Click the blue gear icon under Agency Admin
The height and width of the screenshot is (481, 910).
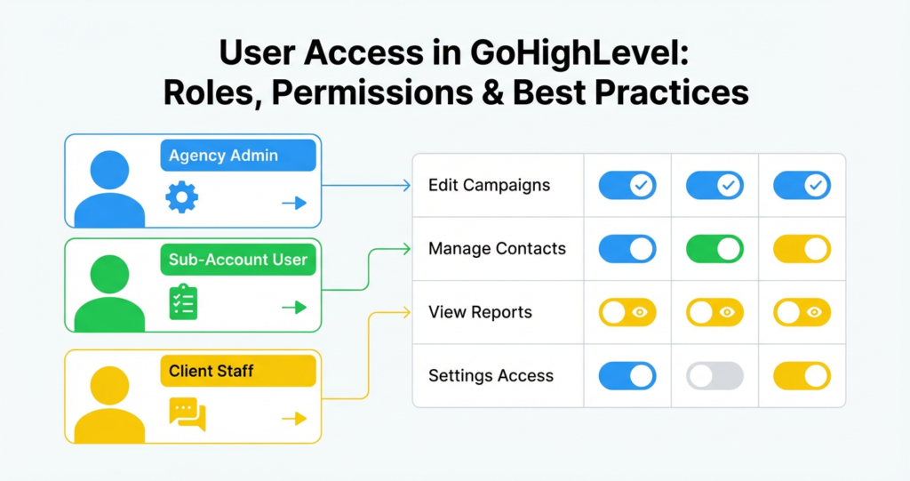(x=182, y=196)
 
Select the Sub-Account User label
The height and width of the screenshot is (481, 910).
(x=237, y=260)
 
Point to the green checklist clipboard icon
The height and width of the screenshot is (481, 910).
(x=183, y=301)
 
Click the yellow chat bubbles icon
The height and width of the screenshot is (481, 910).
(x=187, y=413)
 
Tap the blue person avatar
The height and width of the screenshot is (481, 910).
(x=109, y=188)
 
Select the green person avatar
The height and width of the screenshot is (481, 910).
(x=109, y=293)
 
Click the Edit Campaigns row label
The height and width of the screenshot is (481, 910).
(x=489, y=186)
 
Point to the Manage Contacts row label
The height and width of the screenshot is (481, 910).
(x=497, y=249)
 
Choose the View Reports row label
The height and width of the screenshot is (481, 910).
(x=480, y=312)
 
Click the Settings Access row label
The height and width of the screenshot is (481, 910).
(x=491, y=376)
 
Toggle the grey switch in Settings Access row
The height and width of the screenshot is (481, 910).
(x=714, y=376)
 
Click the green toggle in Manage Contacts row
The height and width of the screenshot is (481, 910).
(x=714, y=249)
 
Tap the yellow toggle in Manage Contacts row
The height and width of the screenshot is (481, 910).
(x=802, y=249)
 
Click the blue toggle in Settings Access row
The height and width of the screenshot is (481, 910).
(x=627, y=376)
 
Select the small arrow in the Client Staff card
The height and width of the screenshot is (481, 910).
(x=293, y=419)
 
